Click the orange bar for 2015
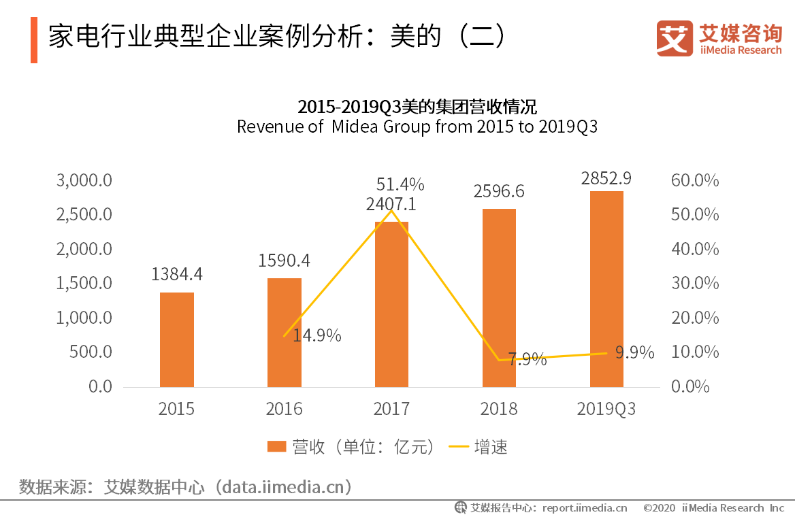tap(177, 339)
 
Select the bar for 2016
tap(284, 333)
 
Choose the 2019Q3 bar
tap(606, 289)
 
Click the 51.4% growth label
tap(400, 184)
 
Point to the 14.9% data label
tap(317, 335)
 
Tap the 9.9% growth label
tap(634, 352)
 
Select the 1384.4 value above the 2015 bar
tap(177, 274)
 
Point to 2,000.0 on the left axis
tap(84, 249)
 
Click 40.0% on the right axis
tap(695, 249)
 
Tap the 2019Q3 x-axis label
tap(606, 409)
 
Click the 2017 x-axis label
tap(391, 409)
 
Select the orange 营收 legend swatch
tap(276, 447)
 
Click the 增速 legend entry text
tap(491, 447)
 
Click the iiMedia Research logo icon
tap(675, 38)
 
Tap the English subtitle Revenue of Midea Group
tap(417, 127)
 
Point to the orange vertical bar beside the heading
tap(34, 41)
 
